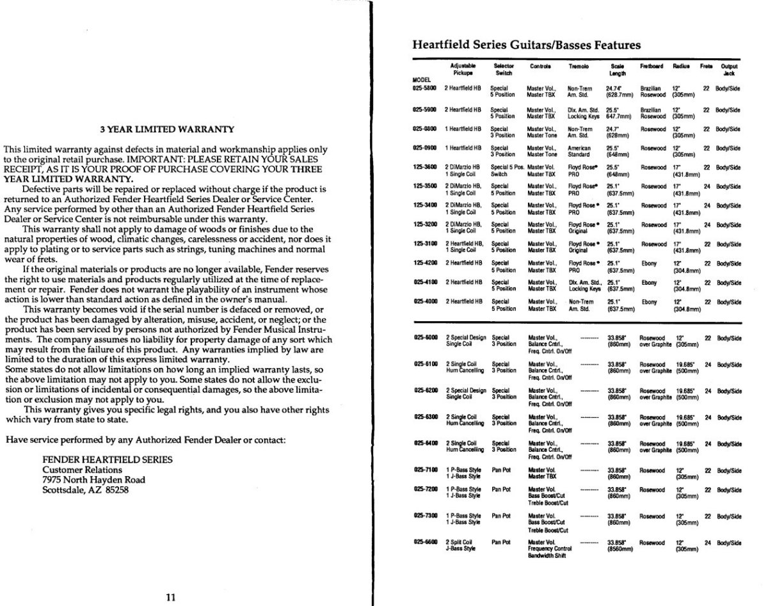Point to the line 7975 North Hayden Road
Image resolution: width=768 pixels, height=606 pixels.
(x=93, y=479)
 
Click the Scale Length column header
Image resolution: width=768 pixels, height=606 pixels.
(x=618, y=70)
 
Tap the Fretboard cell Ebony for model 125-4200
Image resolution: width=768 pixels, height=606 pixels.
(x=649, y=262)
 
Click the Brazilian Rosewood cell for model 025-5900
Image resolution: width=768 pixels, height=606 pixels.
(x=653, y=113)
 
